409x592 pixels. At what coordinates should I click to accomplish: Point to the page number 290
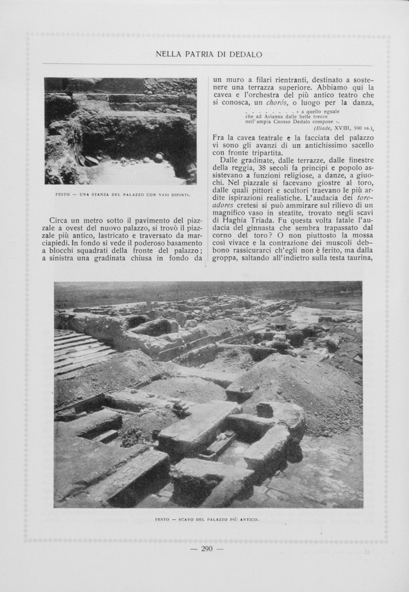click(207, 549)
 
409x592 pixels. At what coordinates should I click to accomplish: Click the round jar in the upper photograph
click(159, 157)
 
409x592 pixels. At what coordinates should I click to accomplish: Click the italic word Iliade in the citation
click(323, 128)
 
